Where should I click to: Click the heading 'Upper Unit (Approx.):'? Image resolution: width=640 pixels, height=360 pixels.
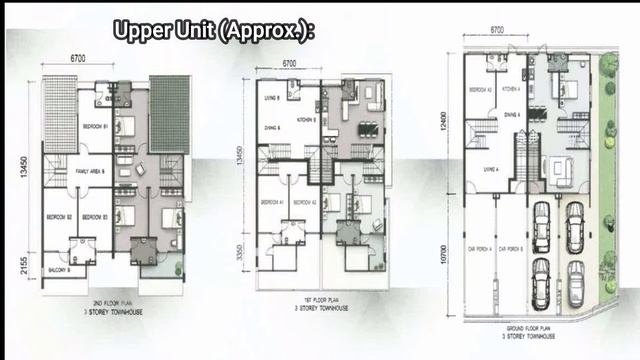[x=213, y=31]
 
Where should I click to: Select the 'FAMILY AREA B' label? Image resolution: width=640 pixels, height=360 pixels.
[x=91, y=171]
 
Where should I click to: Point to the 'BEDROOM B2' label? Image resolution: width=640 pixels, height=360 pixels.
[x=58, y=217]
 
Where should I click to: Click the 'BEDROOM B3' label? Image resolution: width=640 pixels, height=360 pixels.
[x=95, y=217]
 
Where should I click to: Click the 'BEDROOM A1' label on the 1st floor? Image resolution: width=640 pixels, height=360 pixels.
[x=273, y=202]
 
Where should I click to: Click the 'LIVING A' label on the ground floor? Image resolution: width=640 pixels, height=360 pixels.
[x=490, y=170]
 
